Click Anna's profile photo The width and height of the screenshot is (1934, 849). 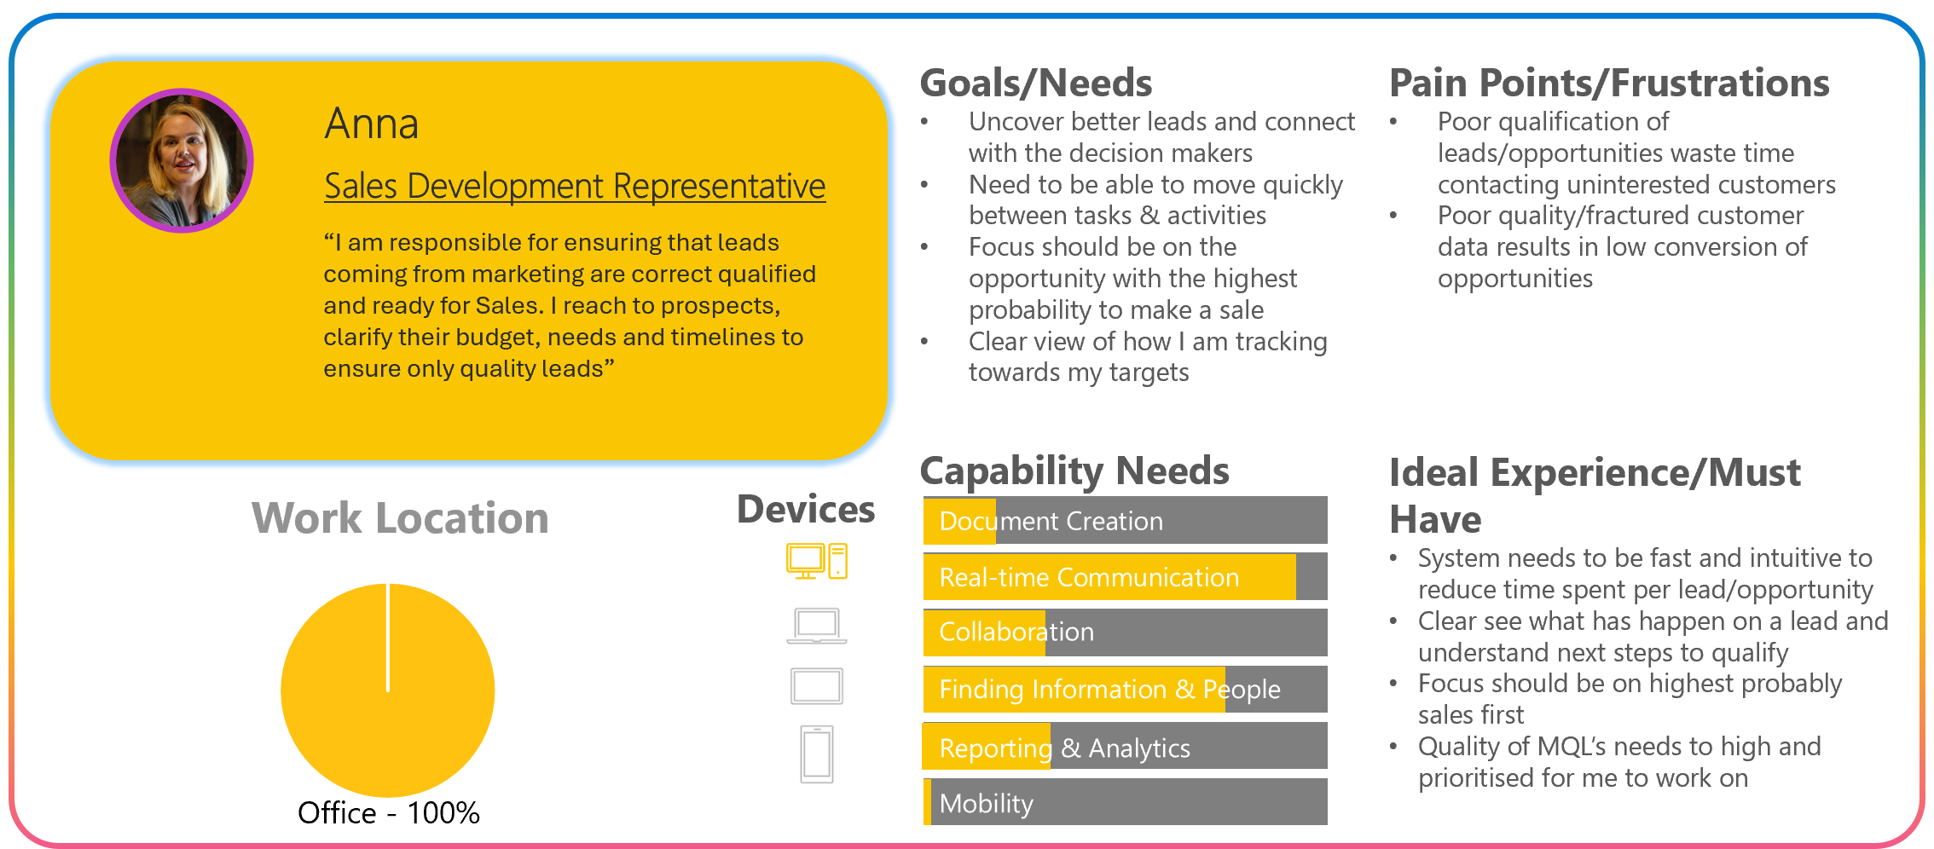[182, 160]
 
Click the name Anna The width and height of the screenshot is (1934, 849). [372, 124]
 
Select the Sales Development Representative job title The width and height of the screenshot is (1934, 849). [575, 186]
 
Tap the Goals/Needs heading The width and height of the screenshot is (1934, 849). [1036, 83]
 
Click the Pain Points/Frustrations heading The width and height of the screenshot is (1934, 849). [1609, 83]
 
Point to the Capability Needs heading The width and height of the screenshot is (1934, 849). [1074, 471]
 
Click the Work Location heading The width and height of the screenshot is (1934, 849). [400, 518]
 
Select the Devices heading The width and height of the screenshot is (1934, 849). [806, 509]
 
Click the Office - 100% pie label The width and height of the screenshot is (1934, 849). [389, 812]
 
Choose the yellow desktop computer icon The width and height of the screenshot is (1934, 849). [817, 562]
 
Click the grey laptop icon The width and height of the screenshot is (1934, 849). [817, 626]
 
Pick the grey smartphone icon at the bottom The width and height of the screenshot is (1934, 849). [817, 754]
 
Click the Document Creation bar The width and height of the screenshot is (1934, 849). [1126, 520]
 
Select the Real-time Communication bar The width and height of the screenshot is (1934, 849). [1126, 577]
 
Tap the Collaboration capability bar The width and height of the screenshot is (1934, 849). [1126, 632]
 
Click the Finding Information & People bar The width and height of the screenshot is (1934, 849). [1126, 689]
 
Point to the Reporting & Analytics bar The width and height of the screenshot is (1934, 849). [1126, 747]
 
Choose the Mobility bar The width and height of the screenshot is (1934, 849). [1126, 802]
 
